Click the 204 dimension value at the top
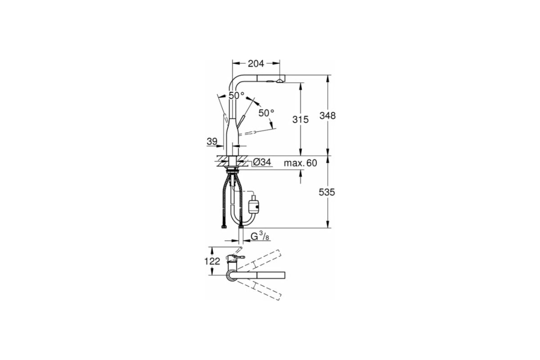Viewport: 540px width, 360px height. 256,64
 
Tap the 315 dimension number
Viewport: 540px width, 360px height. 301,120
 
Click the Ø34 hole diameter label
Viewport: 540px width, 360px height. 262,162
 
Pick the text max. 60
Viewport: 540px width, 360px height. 300,163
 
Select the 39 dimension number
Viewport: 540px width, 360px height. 212,142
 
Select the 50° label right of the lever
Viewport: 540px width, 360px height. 266,112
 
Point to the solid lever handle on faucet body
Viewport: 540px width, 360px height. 241,121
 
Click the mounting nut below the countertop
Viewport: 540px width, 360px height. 233,171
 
